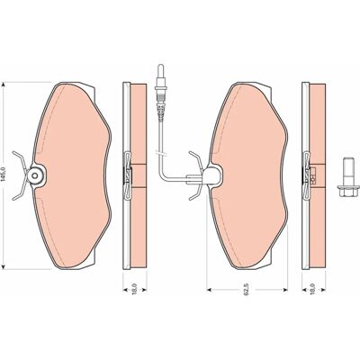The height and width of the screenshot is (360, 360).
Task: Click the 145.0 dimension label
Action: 4,175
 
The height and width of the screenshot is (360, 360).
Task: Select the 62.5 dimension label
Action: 247,290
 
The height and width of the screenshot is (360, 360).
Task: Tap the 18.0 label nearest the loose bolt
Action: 313,289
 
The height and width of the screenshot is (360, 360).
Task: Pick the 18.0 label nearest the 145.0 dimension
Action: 135,289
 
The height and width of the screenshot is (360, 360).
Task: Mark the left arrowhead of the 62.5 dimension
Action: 210,290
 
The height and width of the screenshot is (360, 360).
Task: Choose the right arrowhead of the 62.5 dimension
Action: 285,290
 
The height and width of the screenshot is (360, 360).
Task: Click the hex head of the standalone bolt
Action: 348,191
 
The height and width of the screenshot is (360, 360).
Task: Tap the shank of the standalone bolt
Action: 348,171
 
